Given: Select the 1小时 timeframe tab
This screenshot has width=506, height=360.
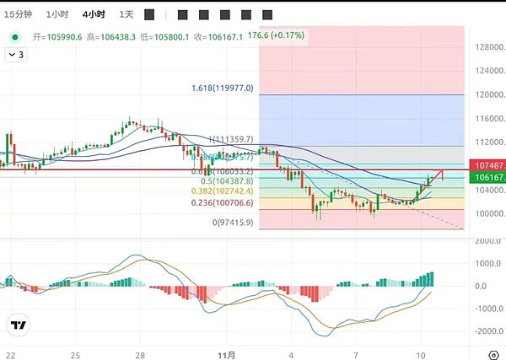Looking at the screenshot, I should click(58, 14).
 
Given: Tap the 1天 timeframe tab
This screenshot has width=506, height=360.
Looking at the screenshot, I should click(126, 14).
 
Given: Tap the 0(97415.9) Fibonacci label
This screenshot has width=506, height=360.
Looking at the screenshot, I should click(233, 223).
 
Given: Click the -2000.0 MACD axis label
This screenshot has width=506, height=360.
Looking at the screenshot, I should click(487, 330).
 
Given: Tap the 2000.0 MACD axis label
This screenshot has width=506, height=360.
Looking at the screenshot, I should click(487, 241).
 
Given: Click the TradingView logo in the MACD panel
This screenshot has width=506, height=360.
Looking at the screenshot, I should click(18, 325).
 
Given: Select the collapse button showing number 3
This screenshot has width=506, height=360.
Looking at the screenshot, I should click(16, 54).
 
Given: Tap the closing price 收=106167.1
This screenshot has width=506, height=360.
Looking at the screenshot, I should click(218, 37).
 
